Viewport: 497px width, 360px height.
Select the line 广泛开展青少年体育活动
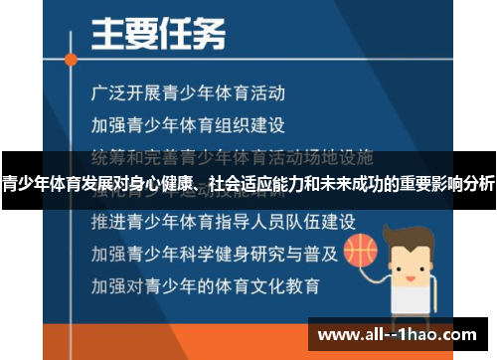(188, 94)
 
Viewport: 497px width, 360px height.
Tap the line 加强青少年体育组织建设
(188, 125)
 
